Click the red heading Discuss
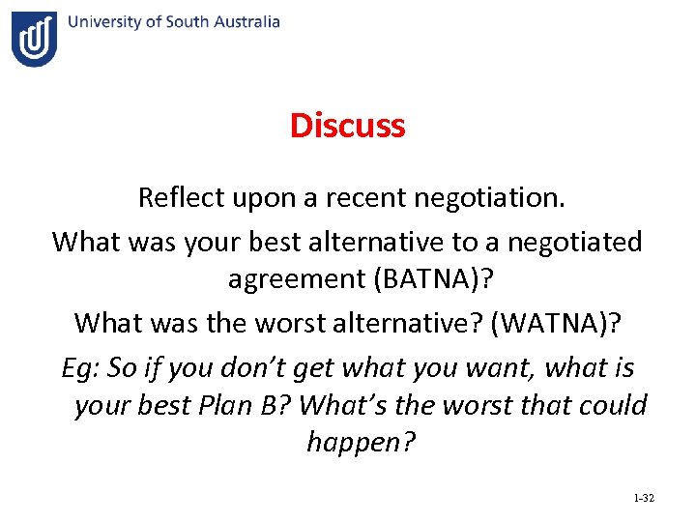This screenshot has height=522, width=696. (x=347, y=125)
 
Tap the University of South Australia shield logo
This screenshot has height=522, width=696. (x=34, y=39)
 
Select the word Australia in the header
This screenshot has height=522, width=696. (x=246, y=21)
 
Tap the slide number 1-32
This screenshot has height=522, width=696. (x=643, y=498)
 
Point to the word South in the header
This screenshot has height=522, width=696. (x=192, y=21)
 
